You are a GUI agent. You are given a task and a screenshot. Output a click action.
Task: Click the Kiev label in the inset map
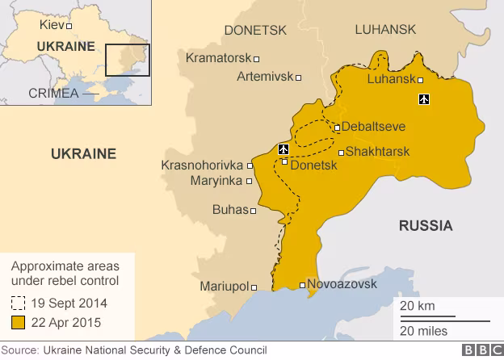[52, 25]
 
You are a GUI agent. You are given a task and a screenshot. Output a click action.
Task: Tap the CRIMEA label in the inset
[52, 93]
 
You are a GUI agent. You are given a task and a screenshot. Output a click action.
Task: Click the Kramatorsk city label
[218, 58]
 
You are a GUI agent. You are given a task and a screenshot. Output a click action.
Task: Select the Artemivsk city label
[265, 77]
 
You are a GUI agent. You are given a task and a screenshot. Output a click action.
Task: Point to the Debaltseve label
[373, 127]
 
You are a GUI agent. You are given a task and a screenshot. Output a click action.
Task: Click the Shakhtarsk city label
[377, 152]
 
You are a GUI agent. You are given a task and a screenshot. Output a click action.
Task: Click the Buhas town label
[229, 210]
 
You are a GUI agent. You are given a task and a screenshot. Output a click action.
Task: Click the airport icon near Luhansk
[424, 99]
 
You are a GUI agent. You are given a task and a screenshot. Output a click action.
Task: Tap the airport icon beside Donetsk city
[283, 149]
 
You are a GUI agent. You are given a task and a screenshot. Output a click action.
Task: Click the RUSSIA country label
[426, 225]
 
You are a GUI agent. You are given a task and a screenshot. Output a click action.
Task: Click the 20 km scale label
[417, 306]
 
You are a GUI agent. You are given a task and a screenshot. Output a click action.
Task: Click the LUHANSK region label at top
[385, 30]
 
